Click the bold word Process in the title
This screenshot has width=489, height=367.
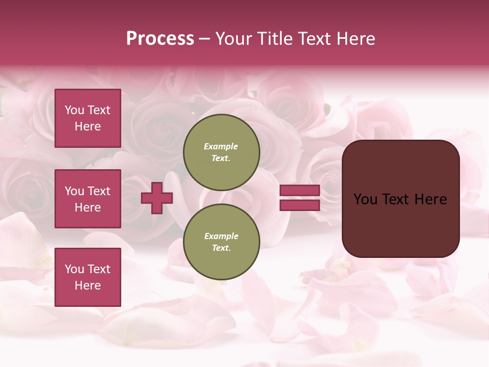(160, 39)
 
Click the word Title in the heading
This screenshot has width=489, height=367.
(273, 39)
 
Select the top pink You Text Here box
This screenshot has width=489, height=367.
(88, 118)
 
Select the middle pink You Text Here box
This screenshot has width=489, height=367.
(88, 199)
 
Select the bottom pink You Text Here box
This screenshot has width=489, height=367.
(88, 277)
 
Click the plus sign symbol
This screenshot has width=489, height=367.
(157, 198)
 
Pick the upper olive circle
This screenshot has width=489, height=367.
(222, 152)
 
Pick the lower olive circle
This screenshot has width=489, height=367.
(222, 242)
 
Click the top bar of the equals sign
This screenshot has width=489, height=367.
(300, 190)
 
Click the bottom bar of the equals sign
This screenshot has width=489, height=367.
(300, 205)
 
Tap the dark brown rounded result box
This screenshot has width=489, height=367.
(400, 199)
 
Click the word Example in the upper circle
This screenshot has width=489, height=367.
(221, 146)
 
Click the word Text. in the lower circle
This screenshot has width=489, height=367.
(221, 248)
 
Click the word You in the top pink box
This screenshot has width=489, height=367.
(74, 110)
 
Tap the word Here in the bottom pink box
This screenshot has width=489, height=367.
(88, 285)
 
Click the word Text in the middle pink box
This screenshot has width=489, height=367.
(99, 191)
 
